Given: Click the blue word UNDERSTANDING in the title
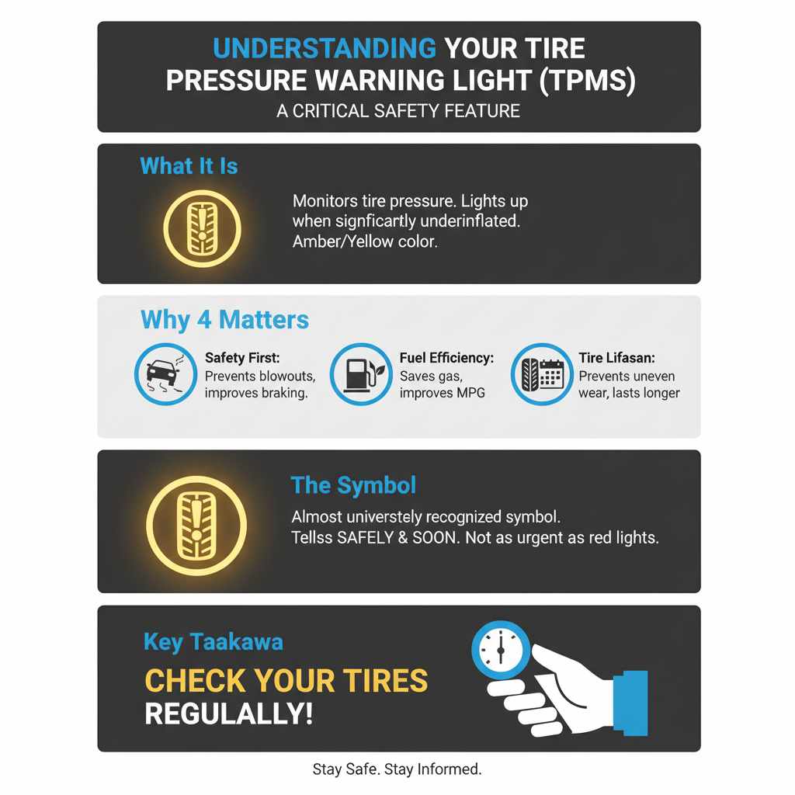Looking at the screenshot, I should pos(324,48).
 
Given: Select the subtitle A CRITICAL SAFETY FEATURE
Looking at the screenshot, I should pos(397,111).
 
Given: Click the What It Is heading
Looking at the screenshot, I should pos(189,166).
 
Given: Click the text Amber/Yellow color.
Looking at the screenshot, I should pos(365,241).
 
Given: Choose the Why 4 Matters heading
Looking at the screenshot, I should pos(224,320).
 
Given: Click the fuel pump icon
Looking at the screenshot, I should pos(360,375).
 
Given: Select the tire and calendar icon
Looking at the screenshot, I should pos(541,375).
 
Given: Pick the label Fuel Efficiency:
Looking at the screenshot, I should pos(446,358).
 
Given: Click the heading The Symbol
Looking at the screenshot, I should pos(353,486).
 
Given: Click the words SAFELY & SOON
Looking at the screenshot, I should pos(396,537).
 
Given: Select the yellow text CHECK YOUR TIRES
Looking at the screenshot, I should pos(286,681).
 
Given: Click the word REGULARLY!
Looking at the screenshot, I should pos(228,714).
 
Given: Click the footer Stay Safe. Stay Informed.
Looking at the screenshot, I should pos(397,769).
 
